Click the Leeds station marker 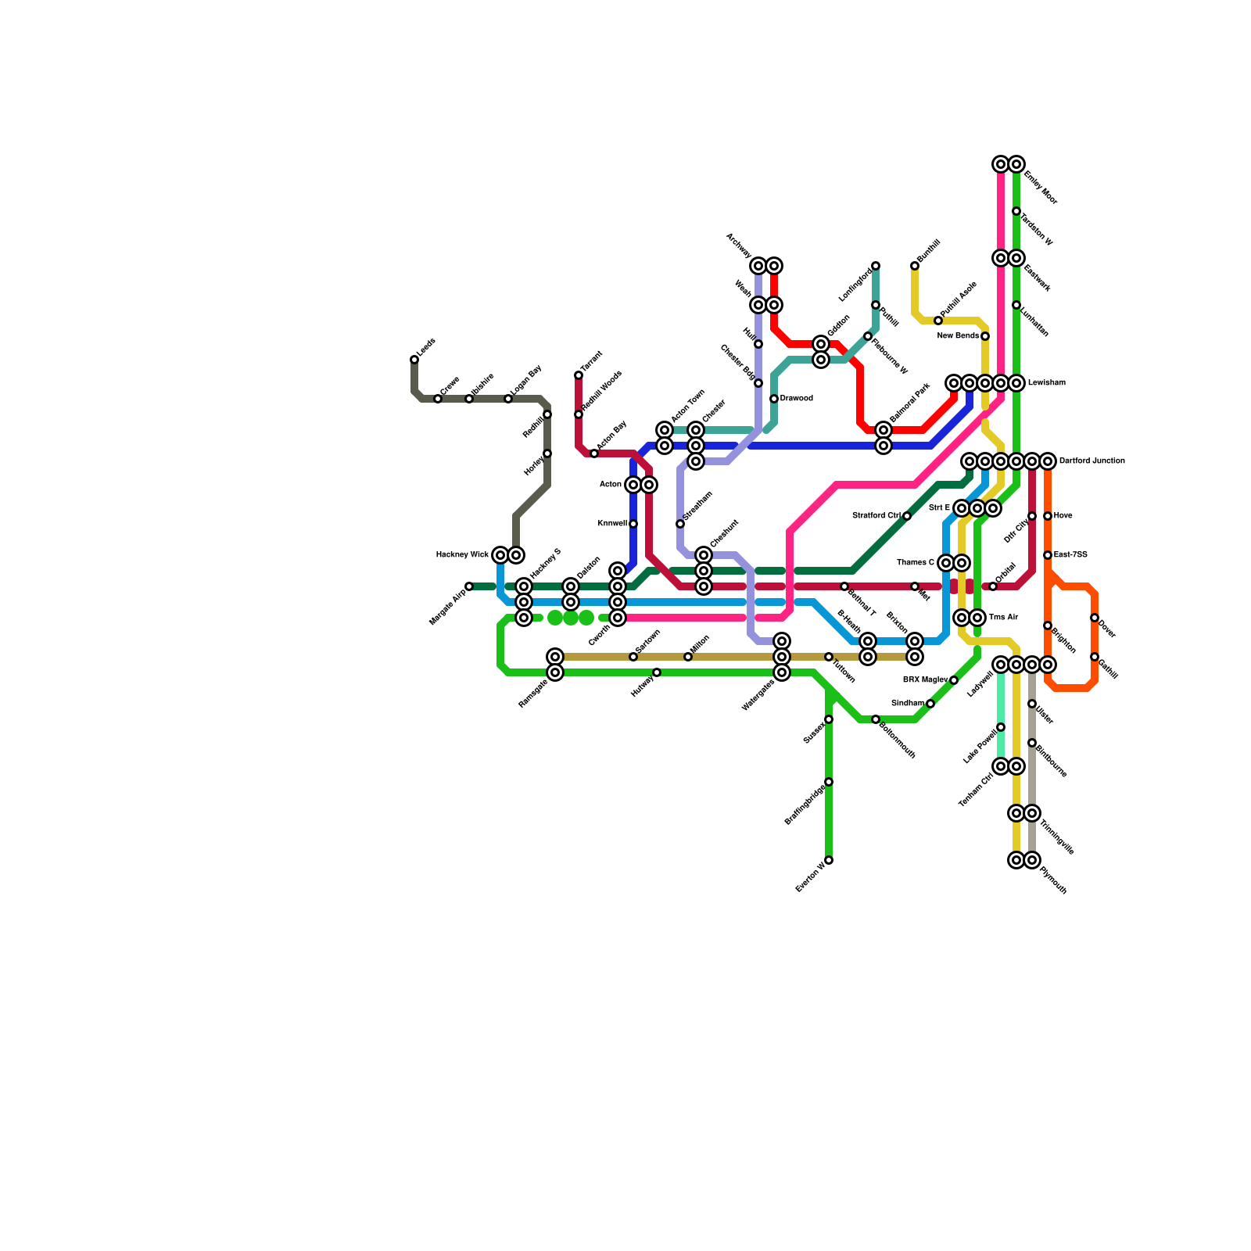tap(414, 360)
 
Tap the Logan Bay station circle tap(508, 399)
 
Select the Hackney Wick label tap(462, 555)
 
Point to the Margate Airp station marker tap(469, 586)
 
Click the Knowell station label tap(612, 524)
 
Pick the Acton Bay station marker tap(594, 453)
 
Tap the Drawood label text tap(797, 399)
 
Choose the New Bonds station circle tap(985, 336)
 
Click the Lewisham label tap(1046, 383)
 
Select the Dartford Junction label tap(1091, 461)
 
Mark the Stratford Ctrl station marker tap(907, 516)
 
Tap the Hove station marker tap(1048, 516)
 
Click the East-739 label tap(1070, 555)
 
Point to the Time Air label tap(1003, 618)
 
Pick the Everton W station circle tap(829, 860)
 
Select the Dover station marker tap(1095, 618)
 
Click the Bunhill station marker tap(915, 266)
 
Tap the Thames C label tap(916, 563)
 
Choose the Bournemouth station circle tap(876, 719)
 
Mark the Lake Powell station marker tap(1001, 727)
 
